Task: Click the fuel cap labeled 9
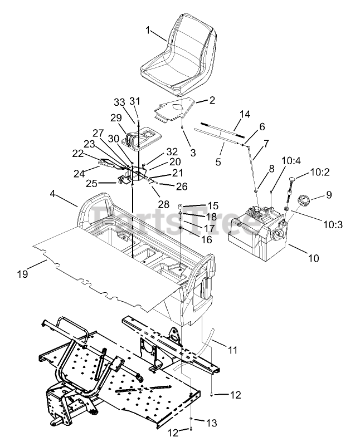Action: pyautogui.click(x=305, y=199)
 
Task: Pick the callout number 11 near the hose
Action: pyautogui.click(x=232, y=350)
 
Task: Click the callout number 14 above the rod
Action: pyautogui.click(x=245, y=114)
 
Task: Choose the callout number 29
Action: pyautogui.click(x=115, y=117)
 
